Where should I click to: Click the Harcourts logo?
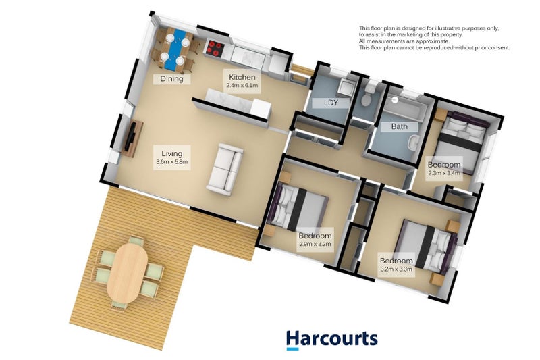[x=331, y=339]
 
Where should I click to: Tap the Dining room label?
[x=171, y=79]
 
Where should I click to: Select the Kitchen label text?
[x=242, y=77]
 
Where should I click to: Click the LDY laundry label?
[x=331, y=103]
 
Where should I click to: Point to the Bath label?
[x=399, y=126]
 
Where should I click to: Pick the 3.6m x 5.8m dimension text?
[x=171, y=162]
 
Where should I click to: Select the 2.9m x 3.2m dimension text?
[x=315, y=244]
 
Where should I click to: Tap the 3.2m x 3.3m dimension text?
[x=396, y=269]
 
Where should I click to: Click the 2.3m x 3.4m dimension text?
[x=444, y=173]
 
